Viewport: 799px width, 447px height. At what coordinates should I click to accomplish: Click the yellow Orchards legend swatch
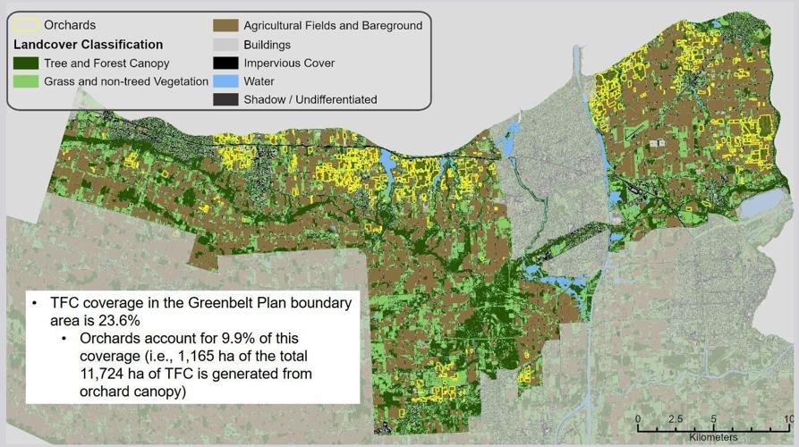[x=26, y=25]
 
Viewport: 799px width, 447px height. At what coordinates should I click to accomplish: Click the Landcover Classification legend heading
[x=88, y=44]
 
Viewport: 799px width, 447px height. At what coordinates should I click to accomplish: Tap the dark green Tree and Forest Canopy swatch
[x=26, y=63]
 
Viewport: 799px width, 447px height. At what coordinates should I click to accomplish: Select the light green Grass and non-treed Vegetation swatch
[x=26, y=81]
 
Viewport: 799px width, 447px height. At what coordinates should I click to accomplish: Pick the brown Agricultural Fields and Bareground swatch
[x=225, y=26]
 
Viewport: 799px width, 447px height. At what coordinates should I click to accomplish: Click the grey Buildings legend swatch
[x=225, y=45]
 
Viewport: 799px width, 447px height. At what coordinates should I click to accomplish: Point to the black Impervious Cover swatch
[x=225, y=63]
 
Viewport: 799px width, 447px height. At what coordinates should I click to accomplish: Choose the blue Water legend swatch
[x=225, y=81]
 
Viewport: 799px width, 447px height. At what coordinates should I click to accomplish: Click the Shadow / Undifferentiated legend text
[x=310, y=99]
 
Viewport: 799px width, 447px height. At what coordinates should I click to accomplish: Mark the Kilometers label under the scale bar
[x=713, y=437]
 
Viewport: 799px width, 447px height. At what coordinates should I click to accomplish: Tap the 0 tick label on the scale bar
[x=638, y=418]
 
